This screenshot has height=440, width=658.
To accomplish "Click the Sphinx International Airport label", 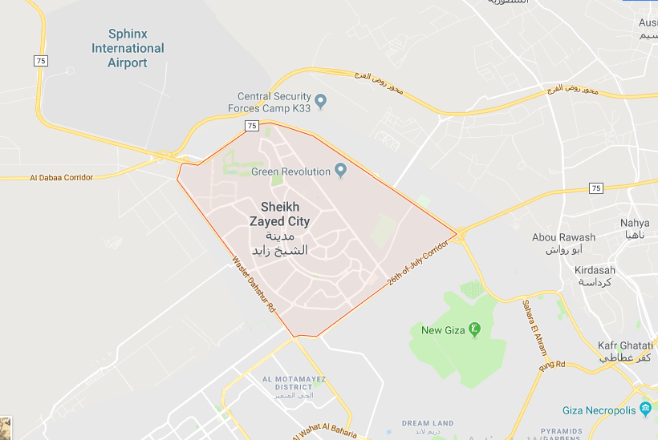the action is pos(128,48).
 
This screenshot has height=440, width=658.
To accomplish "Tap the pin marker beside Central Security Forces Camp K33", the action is pos(321,101).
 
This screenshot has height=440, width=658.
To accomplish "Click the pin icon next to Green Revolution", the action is pos(340,171).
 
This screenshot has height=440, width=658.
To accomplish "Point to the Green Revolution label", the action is pos(290,172).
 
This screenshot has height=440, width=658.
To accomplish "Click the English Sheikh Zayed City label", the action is pos(280,214).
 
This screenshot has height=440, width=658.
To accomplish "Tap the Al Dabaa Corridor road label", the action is pos(62,177).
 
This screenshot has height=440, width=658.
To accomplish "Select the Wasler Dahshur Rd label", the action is pos(254,284).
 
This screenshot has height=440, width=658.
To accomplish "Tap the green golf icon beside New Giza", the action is pos(474,329).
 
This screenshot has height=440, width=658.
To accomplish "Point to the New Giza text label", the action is pos(443,329).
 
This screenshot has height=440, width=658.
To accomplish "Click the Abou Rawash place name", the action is pos(563,237).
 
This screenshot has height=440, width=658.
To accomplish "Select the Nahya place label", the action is pos(635,222).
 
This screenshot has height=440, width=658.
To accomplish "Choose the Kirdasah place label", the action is pos(595,270).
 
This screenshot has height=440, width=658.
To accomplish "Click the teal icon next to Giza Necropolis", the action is pos(646,410).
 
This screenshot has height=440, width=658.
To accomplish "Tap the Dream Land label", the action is pos(428,423).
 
